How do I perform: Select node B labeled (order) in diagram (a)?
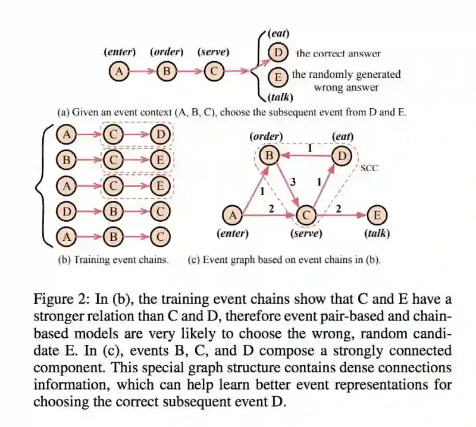pos(167,72)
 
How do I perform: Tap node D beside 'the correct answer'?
pos(277,53)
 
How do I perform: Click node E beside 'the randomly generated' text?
pos(277,77)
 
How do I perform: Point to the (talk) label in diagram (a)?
pos(281,97)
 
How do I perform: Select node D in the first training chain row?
pos(160,136)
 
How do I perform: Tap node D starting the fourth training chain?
pos(67,211)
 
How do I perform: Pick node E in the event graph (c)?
pos(376,215)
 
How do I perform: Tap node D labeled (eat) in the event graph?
pos(342,156)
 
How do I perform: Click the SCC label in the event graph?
pos(369,168)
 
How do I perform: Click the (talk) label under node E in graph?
pos(377,234)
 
